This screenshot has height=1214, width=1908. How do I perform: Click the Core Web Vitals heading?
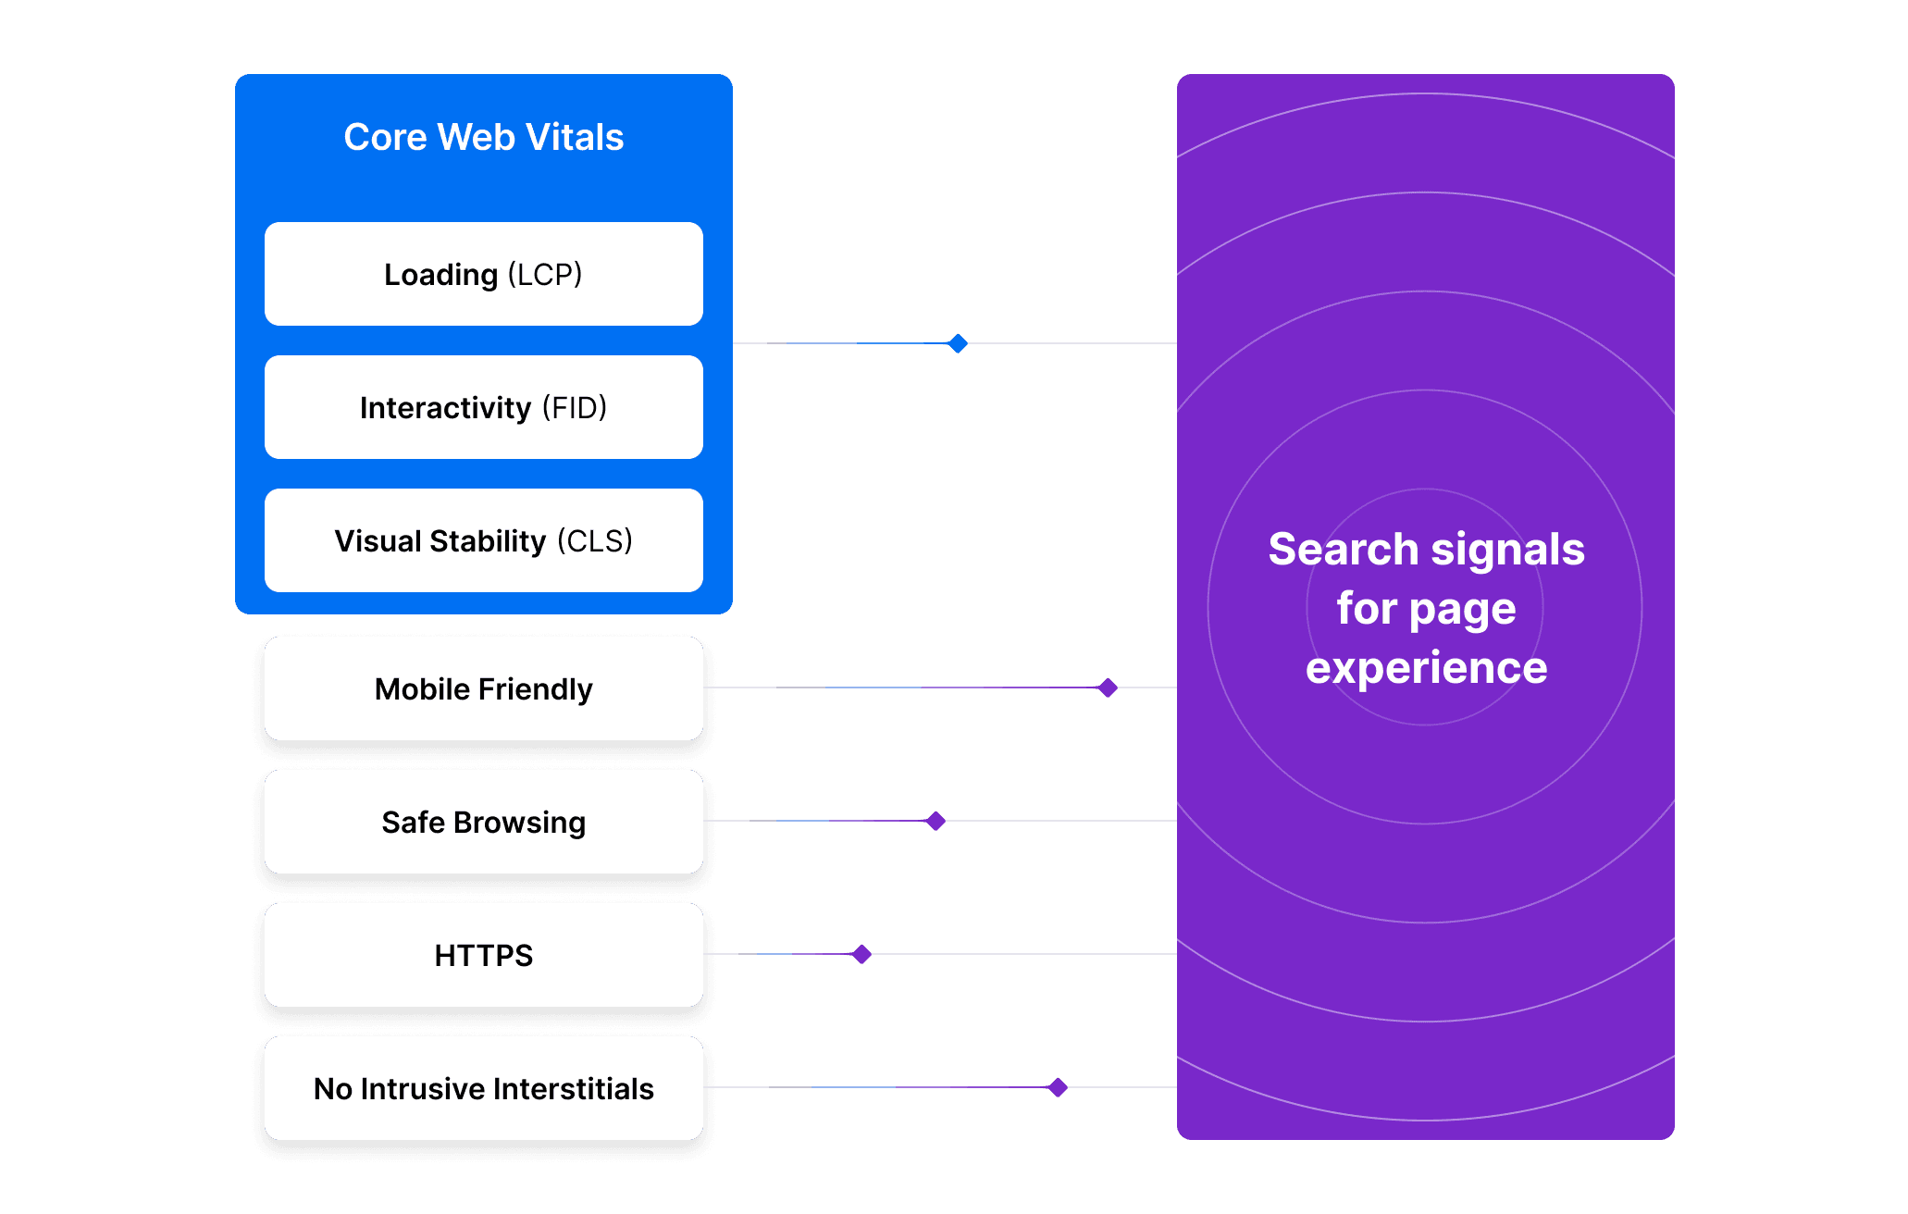[x=483, y=137]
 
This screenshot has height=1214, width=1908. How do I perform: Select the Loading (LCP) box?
[x=483, y=274]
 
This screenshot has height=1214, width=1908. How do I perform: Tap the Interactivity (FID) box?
[x=483, y=407]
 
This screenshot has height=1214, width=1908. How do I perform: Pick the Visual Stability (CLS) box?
[x=483, y=540]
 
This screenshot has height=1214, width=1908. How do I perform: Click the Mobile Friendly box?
[x=483, y=688]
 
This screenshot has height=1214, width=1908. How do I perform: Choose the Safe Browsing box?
[x=483, y=822]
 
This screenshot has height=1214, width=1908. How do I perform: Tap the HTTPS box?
[x=483, y=955]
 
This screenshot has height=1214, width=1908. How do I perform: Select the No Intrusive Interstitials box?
[x=483, y=1088]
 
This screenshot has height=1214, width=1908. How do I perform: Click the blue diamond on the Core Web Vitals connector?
[x=958, y=343]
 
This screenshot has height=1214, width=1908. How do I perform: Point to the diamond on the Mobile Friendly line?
[x=1108, y=688]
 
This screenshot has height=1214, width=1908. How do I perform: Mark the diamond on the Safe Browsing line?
[x=935, y=821]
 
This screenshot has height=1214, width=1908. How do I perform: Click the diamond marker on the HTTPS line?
[x=861, y=954]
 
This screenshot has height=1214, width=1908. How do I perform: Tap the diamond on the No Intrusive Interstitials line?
[x=1058, y=1087]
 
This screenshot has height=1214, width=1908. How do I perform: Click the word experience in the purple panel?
[x=1426, y=668]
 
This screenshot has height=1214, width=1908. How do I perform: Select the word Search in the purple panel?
[x=1343, y=550]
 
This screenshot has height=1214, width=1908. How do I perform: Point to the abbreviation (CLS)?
[x=595, y=540]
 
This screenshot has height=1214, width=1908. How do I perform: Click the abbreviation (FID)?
[x=575, y=407]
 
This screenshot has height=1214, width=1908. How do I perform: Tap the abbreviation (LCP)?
[x=545, y=274]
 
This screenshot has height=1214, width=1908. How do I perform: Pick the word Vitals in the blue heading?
[x=575, y=137]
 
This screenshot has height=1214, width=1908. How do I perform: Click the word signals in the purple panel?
[x=1507, y=550]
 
